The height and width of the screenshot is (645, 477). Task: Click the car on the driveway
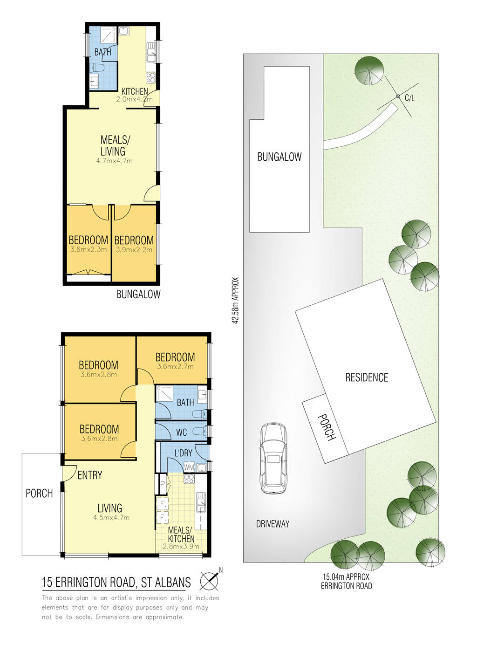(x=273, y=458)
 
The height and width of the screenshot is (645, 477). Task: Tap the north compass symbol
(x=209, y=581)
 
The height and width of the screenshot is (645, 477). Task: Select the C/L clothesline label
(x=409, y=98)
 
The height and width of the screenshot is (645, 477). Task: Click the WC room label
(x=181, y=432)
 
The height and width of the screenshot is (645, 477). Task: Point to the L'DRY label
(x=183, y=453)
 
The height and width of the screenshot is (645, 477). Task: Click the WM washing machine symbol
(x=189, y=467)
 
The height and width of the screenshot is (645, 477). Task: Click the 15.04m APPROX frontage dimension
(x=346, y=577)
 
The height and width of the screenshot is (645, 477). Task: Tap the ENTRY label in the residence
(x=90, y=475)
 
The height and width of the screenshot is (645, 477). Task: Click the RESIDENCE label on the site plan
(x=367, y=377)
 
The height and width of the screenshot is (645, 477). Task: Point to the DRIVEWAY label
(x=273, y=524)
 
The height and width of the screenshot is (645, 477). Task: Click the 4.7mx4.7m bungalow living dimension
(x=114, y=161)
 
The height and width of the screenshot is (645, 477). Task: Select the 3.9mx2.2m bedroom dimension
(x=134, y=250)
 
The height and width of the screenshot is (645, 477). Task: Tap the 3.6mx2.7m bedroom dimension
(x=175, y=367)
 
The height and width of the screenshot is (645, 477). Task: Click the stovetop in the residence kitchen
(x=189, y=479)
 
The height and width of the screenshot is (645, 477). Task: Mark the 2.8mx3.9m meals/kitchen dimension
(x=181, y=547)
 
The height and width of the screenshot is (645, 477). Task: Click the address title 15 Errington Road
(x=116, y=583)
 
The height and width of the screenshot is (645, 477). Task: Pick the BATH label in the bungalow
(x=102, y=52)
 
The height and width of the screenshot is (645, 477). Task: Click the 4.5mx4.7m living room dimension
(x=111, y=518)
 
